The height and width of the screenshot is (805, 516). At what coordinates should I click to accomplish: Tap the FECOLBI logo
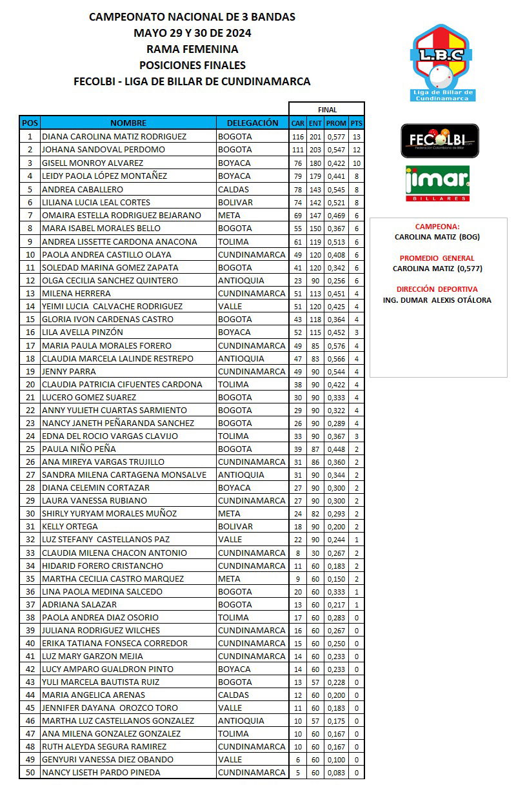[440, 140]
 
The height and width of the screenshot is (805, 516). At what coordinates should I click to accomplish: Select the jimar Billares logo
[437, 183]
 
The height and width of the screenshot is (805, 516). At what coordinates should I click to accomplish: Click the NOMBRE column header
[128, 123]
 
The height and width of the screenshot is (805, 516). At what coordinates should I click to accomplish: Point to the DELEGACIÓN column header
[252, 123]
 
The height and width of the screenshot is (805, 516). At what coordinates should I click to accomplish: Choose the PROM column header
[336, 123]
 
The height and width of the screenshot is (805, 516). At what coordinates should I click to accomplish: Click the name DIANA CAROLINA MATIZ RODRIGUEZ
[114, 137]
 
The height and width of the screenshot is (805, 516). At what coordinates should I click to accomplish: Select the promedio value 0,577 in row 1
[336, 137]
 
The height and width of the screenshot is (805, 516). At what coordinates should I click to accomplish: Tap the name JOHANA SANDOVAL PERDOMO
[103, 150]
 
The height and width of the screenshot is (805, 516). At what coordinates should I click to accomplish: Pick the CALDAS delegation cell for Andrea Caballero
[233, 189]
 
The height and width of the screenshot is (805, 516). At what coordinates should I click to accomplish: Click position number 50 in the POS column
[30, 772]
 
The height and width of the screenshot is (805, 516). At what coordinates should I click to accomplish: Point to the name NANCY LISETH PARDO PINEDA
[101, 772]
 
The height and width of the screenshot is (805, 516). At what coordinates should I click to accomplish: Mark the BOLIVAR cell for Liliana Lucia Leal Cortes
[235, 202]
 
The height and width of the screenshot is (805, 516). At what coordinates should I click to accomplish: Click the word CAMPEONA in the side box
[437, 227]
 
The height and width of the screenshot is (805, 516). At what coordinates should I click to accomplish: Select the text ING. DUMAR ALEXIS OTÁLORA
[437, 300]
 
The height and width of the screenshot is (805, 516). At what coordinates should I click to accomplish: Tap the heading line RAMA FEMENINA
[192, 49]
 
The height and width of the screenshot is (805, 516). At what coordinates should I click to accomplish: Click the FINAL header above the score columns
[327, 110]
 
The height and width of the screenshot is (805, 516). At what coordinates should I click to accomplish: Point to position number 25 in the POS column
[30, 449]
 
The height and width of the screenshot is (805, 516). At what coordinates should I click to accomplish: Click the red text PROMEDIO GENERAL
[437, 258]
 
